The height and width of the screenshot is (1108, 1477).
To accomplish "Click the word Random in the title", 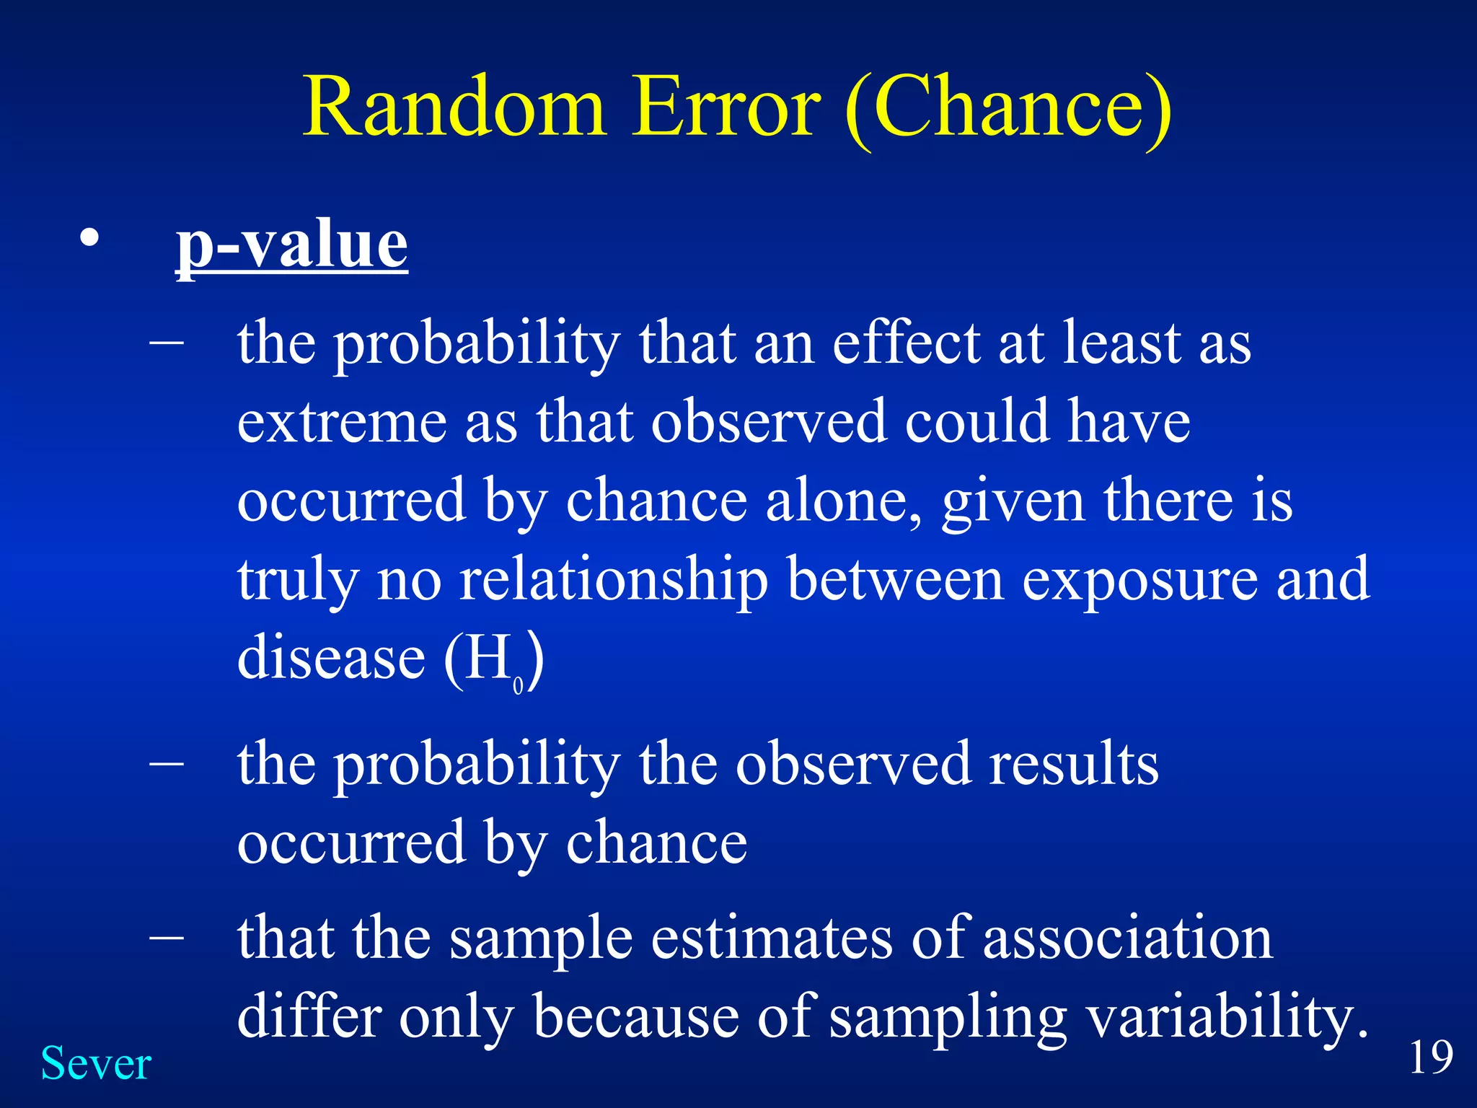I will [x=453, y=108].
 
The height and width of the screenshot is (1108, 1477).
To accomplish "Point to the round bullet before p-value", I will [x=89, y=239].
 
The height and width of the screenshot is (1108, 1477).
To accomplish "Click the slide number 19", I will [x=1431, y=1058].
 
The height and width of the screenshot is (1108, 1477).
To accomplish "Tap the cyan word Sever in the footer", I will [x=96, y=1064].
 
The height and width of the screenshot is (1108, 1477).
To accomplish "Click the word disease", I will [x=331, y=658].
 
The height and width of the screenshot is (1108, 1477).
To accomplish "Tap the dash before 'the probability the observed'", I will [x=167, y=762].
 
